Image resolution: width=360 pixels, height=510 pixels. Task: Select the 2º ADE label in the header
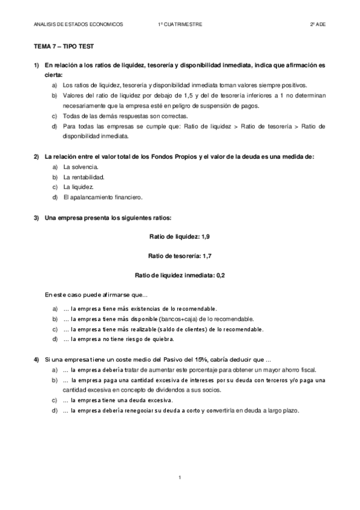317,24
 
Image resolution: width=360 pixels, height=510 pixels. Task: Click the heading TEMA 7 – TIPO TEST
64,46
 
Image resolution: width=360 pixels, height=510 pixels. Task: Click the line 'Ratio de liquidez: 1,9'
180,237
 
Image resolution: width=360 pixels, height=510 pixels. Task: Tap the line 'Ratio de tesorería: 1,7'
180,256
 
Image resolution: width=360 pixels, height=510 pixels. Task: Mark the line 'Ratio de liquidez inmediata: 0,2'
180,275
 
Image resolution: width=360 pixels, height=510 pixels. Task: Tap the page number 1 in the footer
180,477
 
